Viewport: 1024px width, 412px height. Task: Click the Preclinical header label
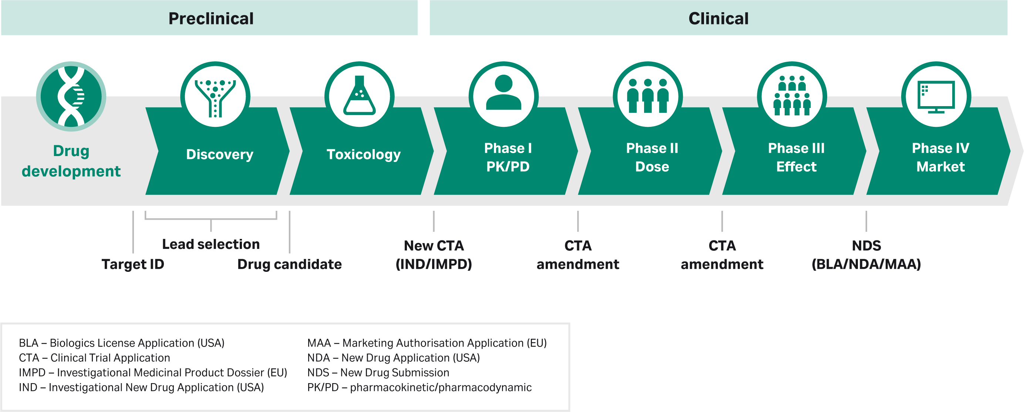(x=211, y=18)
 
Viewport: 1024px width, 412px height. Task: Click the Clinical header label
(x=718, y=18)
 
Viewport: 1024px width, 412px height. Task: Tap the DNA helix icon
(x=71, y=96)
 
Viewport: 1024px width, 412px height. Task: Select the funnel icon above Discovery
(x=215, y=96)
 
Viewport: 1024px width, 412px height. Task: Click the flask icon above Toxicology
(x=359, y=96)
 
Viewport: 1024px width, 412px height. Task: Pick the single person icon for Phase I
(x=503, y=93)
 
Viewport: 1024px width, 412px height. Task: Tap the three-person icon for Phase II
(x=647, y=95)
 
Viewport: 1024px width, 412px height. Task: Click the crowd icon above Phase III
(x=792, y=95)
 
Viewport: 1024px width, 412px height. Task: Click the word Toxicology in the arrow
(x=363, y=154)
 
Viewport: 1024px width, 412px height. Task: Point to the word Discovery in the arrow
(x=219, y=154)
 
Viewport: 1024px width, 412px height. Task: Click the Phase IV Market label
(x=940, y=157)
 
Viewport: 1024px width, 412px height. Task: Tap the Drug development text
(x=71, y=161)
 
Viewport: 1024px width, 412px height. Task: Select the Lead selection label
(x=211, y=244)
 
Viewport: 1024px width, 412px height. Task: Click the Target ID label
(x=133, y=264)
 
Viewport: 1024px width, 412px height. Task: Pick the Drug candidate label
(x=289, y=264)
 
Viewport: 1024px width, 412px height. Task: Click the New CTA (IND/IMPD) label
(x=434, y=255)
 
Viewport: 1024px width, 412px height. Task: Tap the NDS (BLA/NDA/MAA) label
(x=866, y=255)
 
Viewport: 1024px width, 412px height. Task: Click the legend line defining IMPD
(x=153, y=372)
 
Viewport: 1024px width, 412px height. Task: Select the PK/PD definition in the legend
(x=419, y=387)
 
